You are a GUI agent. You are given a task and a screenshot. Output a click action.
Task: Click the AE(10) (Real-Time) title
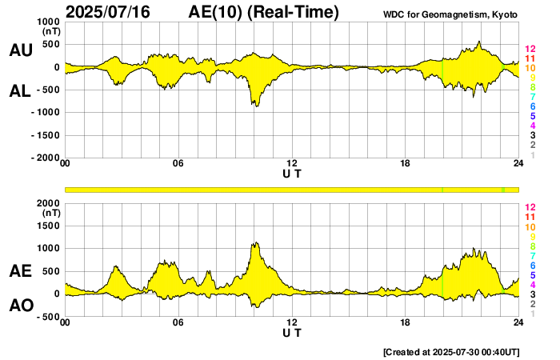(264, 12)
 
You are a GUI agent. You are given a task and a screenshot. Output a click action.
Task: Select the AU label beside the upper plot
(20, 50)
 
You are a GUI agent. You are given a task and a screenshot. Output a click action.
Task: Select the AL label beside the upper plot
(20, 91)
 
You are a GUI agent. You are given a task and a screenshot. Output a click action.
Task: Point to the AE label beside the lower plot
(20, 272)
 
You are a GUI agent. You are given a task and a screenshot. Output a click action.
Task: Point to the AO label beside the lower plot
(20, 306)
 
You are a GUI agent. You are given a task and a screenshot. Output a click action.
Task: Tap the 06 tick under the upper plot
(178, 164)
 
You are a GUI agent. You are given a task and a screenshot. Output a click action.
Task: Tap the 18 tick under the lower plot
(405, 323)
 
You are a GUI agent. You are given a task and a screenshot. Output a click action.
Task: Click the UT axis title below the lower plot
(292, 332)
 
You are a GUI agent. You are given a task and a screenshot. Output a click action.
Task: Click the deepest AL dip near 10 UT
(256, 106)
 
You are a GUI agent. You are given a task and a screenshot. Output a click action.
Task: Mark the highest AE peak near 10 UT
(256, 242)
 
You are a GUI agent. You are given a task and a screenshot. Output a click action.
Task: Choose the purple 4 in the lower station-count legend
(530, 285)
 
